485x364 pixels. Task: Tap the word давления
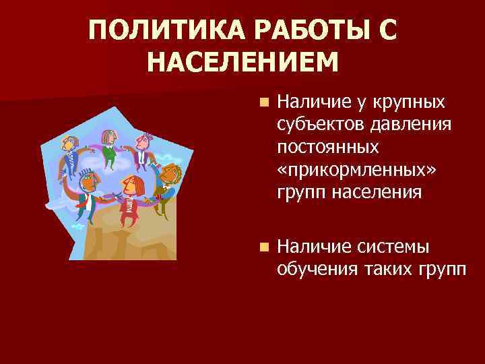(x=410, y=125)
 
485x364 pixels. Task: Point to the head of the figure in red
(x=133, y=185)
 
